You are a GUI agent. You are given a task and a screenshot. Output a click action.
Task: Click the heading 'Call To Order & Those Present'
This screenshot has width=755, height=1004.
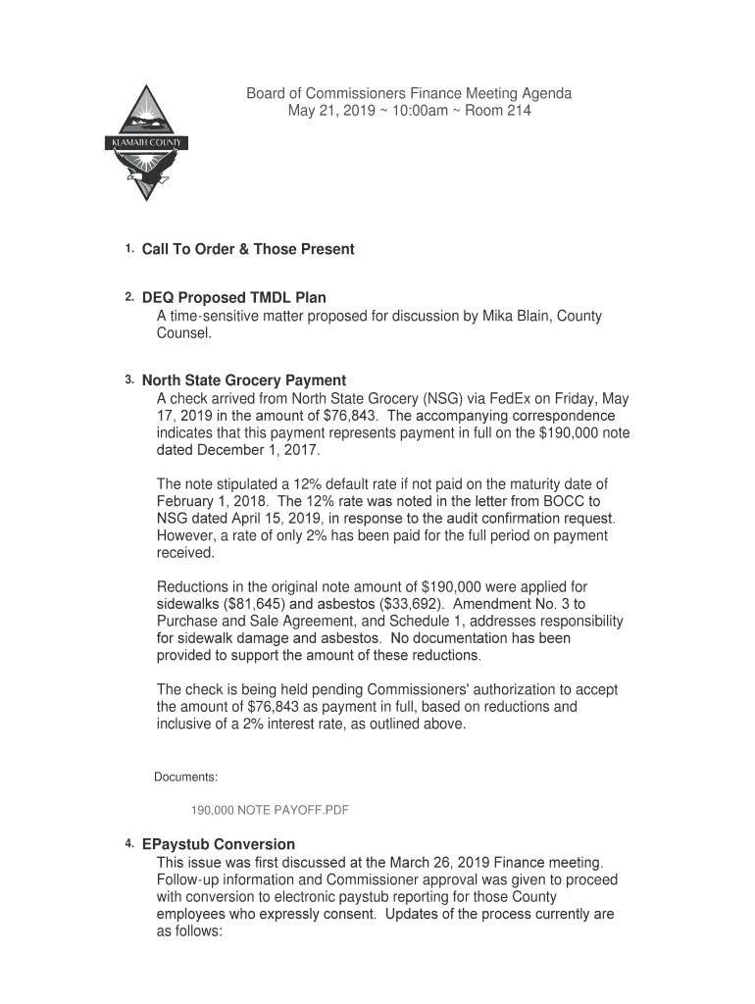248,250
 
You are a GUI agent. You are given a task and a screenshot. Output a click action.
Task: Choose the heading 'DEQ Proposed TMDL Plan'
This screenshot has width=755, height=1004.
234,298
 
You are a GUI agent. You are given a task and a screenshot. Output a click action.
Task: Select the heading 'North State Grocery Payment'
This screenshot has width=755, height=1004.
244,380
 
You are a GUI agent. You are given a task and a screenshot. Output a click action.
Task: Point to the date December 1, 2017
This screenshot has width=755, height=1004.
259,451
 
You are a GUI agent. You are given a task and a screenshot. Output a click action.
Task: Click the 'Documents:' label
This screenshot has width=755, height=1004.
185,778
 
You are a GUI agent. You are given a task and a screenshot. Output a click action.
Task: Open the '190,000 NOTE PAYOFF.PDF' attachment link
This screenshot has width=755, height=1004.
270,811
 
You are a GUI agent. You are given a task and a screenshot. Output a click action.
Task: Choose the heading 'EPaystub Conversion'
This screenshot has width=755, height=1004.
219,844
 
